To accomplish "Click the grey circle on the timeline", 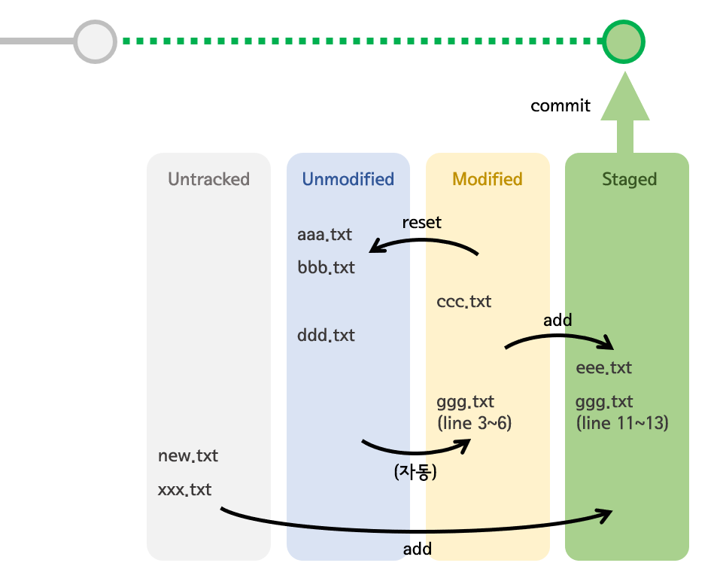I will pos(96,41).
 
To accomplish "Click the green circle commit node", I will pos(623,41).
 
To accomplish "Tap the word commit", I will pos(560,106).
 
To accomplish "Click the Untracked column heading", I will pos(208,179).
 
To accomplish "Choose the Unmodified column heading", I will pos(348,179).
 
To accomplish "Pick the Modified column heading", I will pos(487,179).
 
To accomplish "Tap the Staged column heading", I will pos(629,179).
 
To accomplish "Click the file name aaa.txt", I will pos(324,235).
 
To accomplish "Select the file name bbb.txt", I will pos(326,267).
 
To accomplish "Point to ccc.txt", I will pos(463,302).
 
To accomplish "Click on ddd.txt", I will pos(326,335).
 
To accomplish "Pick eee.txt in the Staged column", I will pos(603,368).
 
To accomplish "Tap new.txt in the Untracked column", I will pos(187,456).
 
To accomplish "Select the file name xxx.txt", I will pos(184,490).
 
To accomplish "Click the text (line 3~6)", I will pos(474,423).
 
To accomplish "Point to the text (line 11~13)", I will pos(622,423).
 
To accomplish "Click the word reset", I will pos(421,222).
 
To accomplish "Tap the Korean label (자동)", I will pos(415,472).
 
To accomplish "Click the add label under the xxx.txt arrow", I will pos(417,549).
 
